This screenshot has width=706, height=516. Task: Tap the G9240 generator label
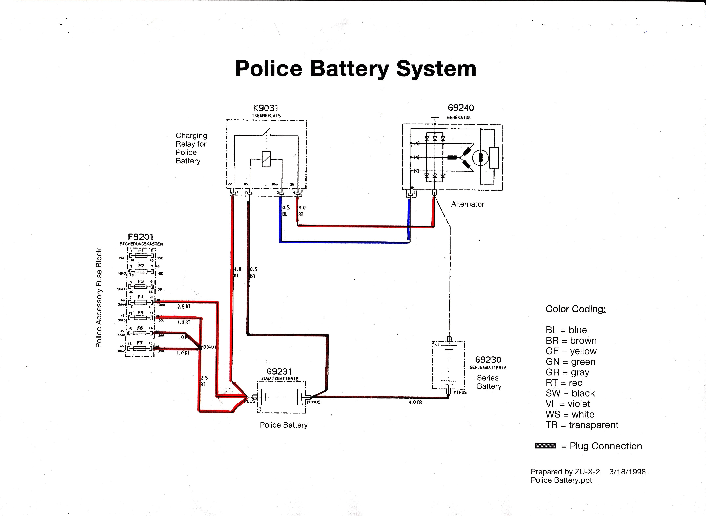coord(461,108)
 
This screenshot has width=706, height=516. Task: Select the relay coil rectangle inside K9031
coord(266,159)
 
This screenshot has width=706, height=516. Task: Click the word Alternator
coord(467,204)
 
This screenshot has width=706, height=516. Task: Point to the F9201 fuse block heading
coord(141,237)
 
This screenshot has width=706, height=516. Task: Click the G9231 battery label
coord(279,371)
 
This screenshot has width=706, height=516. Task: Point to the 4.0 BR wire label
coord(415,403)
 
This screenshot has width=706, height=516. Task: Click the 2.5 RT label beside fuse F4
coord(183,307)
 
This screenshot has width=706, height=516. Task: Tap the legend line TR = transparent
coord(582,425)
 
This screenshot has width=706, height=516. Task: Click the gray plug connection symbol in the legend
coord(545,446)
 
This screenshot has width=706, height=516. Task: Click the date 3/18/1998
coord(627,472)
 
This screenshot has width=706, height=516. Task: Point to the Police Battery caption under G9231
coord(284,425)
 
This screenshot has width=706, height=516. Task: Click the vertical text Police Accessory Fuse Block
coord(99,298)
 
